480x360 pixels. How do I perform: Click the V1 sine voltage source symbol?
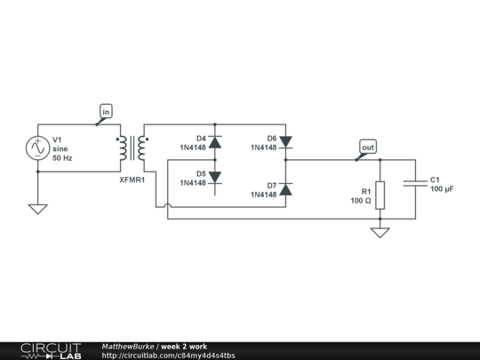(38, 148)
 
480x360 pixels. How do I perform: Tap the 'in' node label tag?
(106, 111)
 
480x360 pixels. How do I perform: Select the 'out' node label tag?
(367, 146)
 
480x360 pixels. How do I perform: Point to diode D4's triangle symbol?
(214, 140)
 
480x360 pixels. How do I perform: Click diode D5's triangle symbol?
(214, 176)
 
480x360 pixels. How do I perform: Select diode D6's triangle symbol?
(285, 140)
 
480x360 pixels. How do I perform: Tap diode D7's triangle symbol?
(285, 188)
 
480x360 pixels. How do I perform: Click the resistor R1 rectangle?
(380, 195)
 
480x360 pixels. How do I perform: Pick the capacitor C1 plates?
(415, 183)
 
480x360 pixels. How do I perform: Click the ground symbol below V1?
(38, 209)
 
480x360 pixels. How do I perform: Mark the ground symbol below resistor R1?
(380, 233)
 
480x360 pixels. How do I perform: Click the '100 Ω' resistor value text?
(360, 201)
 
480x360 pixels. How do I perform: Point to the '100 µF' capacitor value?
(442, 189)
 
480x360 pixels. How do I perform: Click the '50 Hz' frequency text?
(62, 158)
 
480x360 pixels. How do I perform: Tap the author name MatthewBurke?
(128, 346)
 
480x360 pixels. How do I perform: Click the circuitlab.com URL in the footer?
(169, 356)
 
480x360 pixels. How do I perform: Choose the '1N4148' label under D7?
(262, 195)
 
